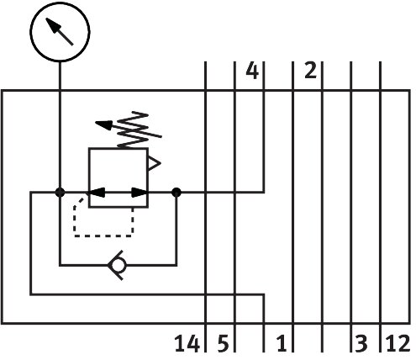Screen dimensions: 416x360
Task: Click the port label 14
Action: pyautogui.click(x=187, y=344)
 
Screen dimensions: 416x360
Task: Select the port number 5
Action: pyautogui.click(x=223, y=344)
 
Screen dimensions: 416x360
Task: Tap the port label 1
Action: pyautogui.click(x=282, y=344)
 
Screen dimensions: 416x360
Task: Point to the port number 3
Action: pyautogui.click(x=361, y=344)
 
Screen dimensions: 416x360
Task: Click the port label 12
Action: pyautogui.click(x=398, y=344)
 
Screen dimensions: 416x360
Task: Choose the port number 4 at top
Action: pyautogui.click(x=252, y=71)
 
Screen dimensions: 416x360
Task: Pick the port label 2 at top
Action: pyautogui.click(x=310, y=71)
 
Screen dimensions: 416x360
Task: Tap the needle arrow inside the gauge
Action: pyautogui.click(x=60, y=31)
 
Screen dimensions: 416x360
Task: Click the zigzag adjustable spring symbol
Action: pyautogui.click(x=133, y=130)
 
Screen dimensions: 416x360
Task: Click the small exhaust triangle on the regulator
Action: pyautogui.click(x=154, y=163)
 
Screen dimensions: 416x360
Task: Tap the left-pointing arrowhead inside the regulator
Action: pyautogui.click(x=97, y=193)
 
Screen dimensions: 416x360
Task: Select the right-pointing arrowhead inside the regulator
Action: pyautogui.click(x=140, y=193)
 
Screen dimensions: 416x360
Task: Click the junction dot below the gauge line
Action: pyautogui.click(x=60, y=193)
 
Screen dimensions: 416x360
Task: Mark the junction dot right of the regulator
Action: pyautogui.click(x=176, y=193)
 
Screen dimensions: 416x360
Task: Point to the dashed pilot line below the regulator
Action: pyautogui.click(x=103, y=236)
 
